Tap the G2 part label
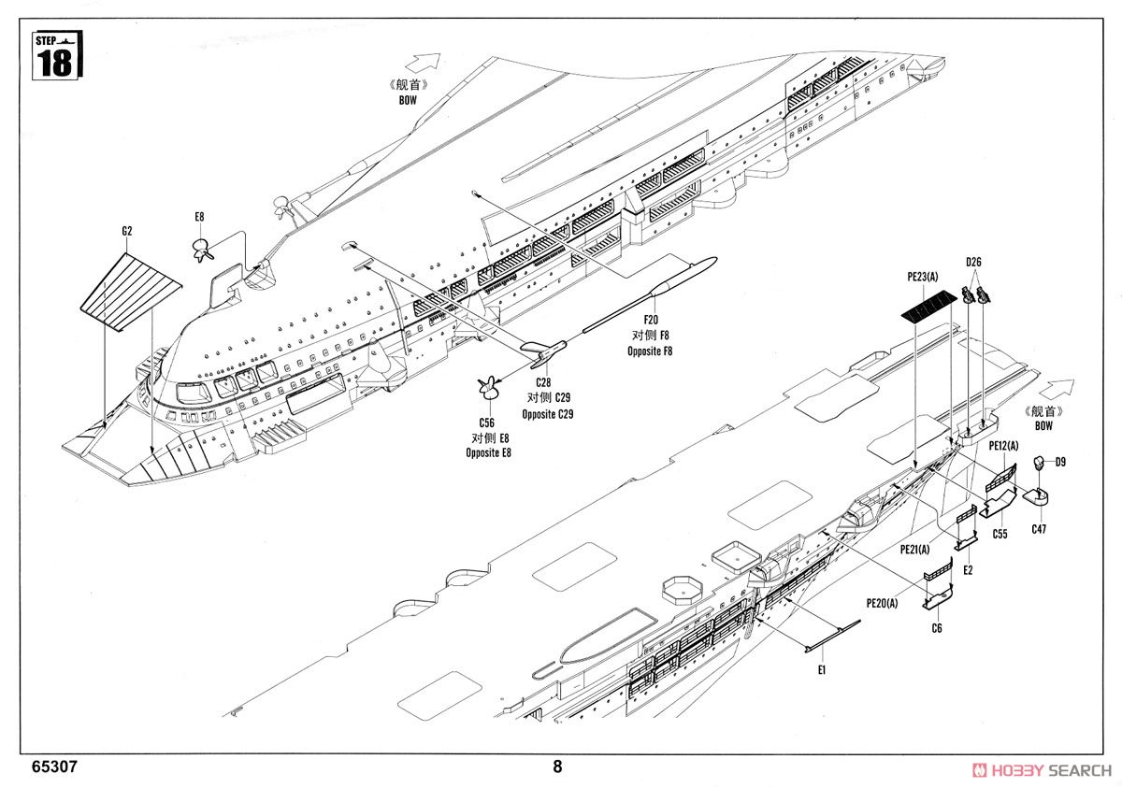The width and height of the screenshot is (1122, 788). [x=127, y=230]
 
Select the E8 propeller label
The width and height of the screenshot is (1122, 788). [x=199, y=218]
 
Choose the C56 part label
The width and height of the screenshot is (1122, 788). [x=486, y=423]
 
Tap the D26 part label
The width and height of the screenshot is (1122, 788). [x=972, y=262]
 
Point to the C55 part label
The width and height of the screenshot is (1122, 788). [x=1000, y=535]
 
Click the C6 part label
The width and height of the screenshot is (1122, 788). [x=936, y=627]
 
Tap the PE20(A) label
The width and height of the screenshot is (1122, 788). [x=882, y=603]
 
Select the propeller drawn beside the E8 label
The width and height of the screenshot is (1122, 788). [x=201, y=250]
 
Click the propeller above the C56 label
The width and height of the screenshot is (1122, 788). [x=485, y=386]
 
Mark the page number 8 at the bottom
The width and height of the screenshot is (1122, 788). [x=558, y=767]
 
